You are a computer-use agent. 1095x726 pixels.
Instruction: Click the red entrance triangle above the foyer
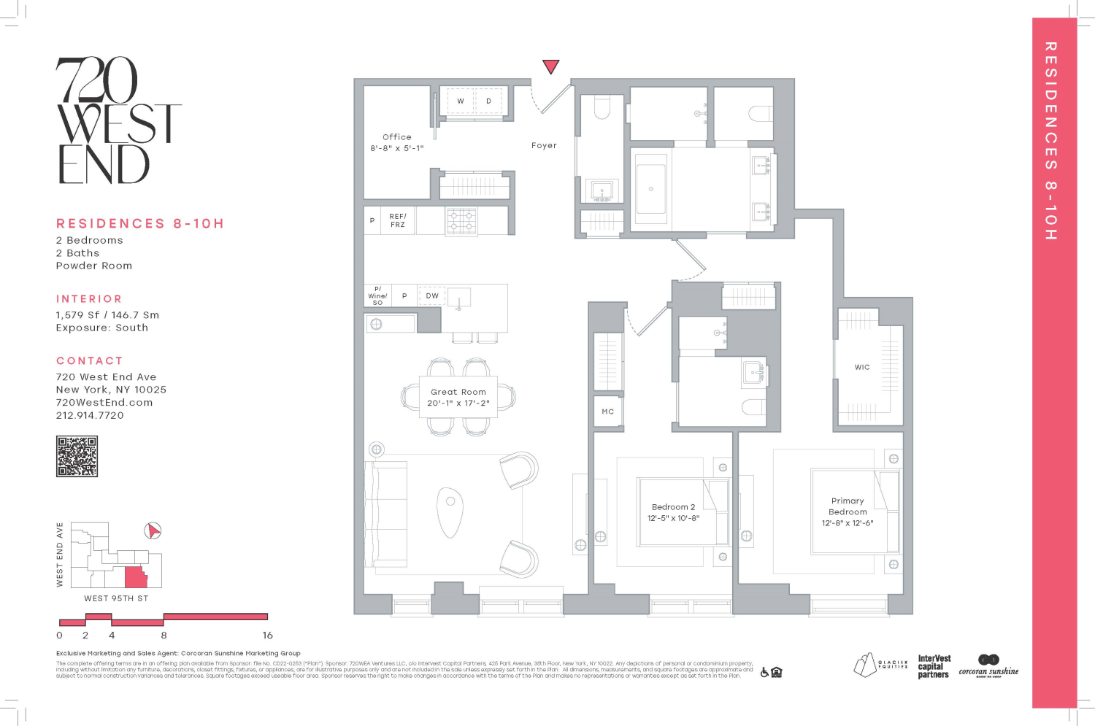click(x=551, y=66)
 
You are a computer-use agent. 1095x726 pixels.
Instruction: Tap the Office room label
click(x=396, y=137)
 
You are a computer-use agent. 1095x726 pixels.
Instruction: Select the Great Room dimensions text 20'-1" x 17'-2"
click(x=458, y=403)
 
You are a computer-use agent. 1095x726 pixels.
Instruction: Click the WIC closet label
click(x=862, y=368)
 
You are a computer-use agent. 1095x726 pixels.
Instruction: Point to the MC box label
click(x=607, y=412)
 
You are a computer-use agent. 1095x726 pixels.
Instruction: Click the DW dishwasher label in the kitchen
click(x=432, y=296)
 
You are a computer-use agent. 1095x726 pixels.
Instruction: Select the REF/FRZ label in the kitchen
click(x=397, y=220)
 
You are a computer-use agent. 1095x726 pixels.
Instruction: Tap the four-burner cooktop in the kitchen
click(x=461, y=220)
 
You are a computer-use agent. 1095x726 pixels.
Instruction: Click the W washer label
click(x=461, y=101)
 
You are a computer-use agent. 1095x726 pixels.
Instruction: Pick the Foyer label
click(x=544, y=146)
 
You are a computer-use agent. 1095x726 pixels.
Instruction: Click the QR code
click(x=77, y=457)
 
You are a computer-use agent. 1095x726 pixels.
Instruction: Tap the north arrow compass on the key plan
click(x=152, y=530)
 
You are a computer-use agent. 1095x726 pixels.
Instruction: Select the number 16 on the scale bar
click(x=267, y=636)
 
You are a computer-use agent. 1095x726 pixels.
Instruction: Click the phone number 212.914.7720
click(x=90, y=415)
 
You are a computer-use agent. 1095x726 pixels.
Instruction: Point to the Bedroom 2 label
click(x=673, y=507)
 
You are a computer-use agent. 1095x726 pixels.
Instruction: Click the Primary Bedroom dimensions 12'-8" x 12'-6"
click(x=848, y=523)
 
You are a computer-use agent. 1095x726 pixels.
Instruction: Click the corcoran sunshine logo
click(x=988, y=666)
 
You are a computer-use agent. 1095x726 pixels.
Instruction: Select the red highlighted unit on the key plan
click(x=135, y=577)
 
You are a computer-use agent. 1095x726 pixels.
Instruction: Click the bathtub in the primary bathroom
click(x=650, y=189)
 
